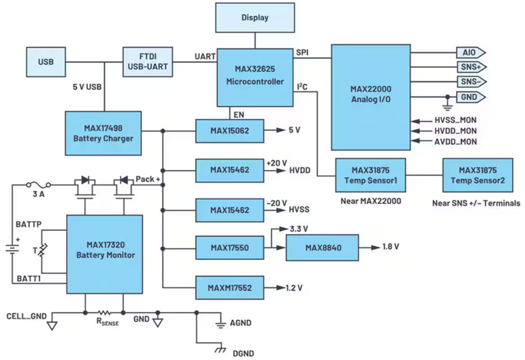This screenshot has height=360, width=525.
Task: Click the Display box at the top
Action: (x=255, y=17)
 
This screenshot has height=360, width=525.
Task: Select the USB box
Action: (x=46, y=62)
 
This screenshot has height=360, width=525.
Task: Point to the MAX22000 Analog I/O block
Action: (x=371, y=96)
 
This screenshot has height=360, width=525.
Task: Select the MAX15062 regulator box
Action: (x=229, y=131)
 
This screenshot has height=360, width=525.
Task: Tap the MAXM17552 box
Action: (x=229, y=288)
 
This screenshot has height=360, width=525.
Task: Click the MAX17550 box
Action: (x=229, y=248)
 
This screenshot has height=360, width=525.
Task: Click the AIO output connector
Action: (x=470, y=52)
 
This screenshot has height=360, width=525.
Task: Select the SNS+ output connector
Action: (x=470, y=67)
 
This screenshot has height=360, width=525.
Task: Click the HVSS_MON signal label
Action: (x=455, y=119)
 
